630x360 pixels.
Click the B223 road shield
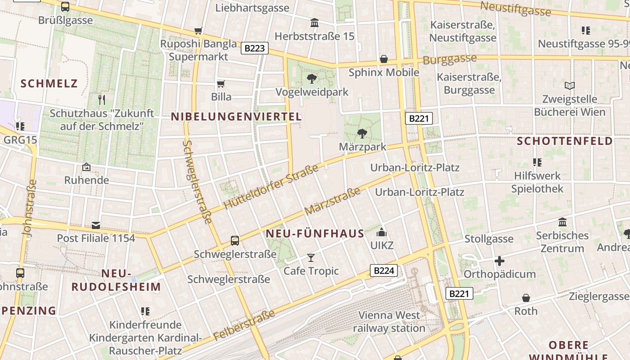coord(255,48)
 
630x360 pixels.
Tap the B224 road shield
coord(384,270)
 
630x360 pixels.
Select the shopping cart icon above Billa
coord(221,84)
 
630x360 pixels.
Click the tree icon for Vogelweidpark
coord(311,79)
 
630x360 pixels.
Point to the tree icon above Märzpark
coord(362,134)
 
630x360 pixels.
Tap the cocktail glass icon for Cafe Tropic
coord(311,258)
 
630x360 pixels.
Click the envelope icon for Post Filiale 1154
coord(96,225)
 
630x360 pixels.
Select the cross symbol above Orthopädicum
coord(499,261)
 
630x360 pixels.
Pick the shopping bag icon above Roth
coord(526,298)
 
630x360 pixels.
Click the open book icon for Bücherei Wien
coord(570,85)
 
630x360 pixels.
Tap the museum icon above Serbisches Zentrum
coord(562,222)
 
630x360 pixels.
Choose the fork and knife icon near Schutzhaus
coord(102,99)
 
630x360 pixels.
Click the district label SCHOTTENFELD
coord(565,141)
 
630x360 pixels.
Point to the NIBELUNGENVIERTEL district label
coord(236,117)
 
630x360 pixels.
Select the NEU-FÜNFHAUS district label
coord(315,234)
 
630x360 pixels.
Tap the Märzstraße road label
coord(332,201)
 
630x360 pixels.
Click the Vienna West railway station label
coord(389,321)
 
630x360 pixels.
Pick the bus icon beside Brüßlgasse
coord(65,7)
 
